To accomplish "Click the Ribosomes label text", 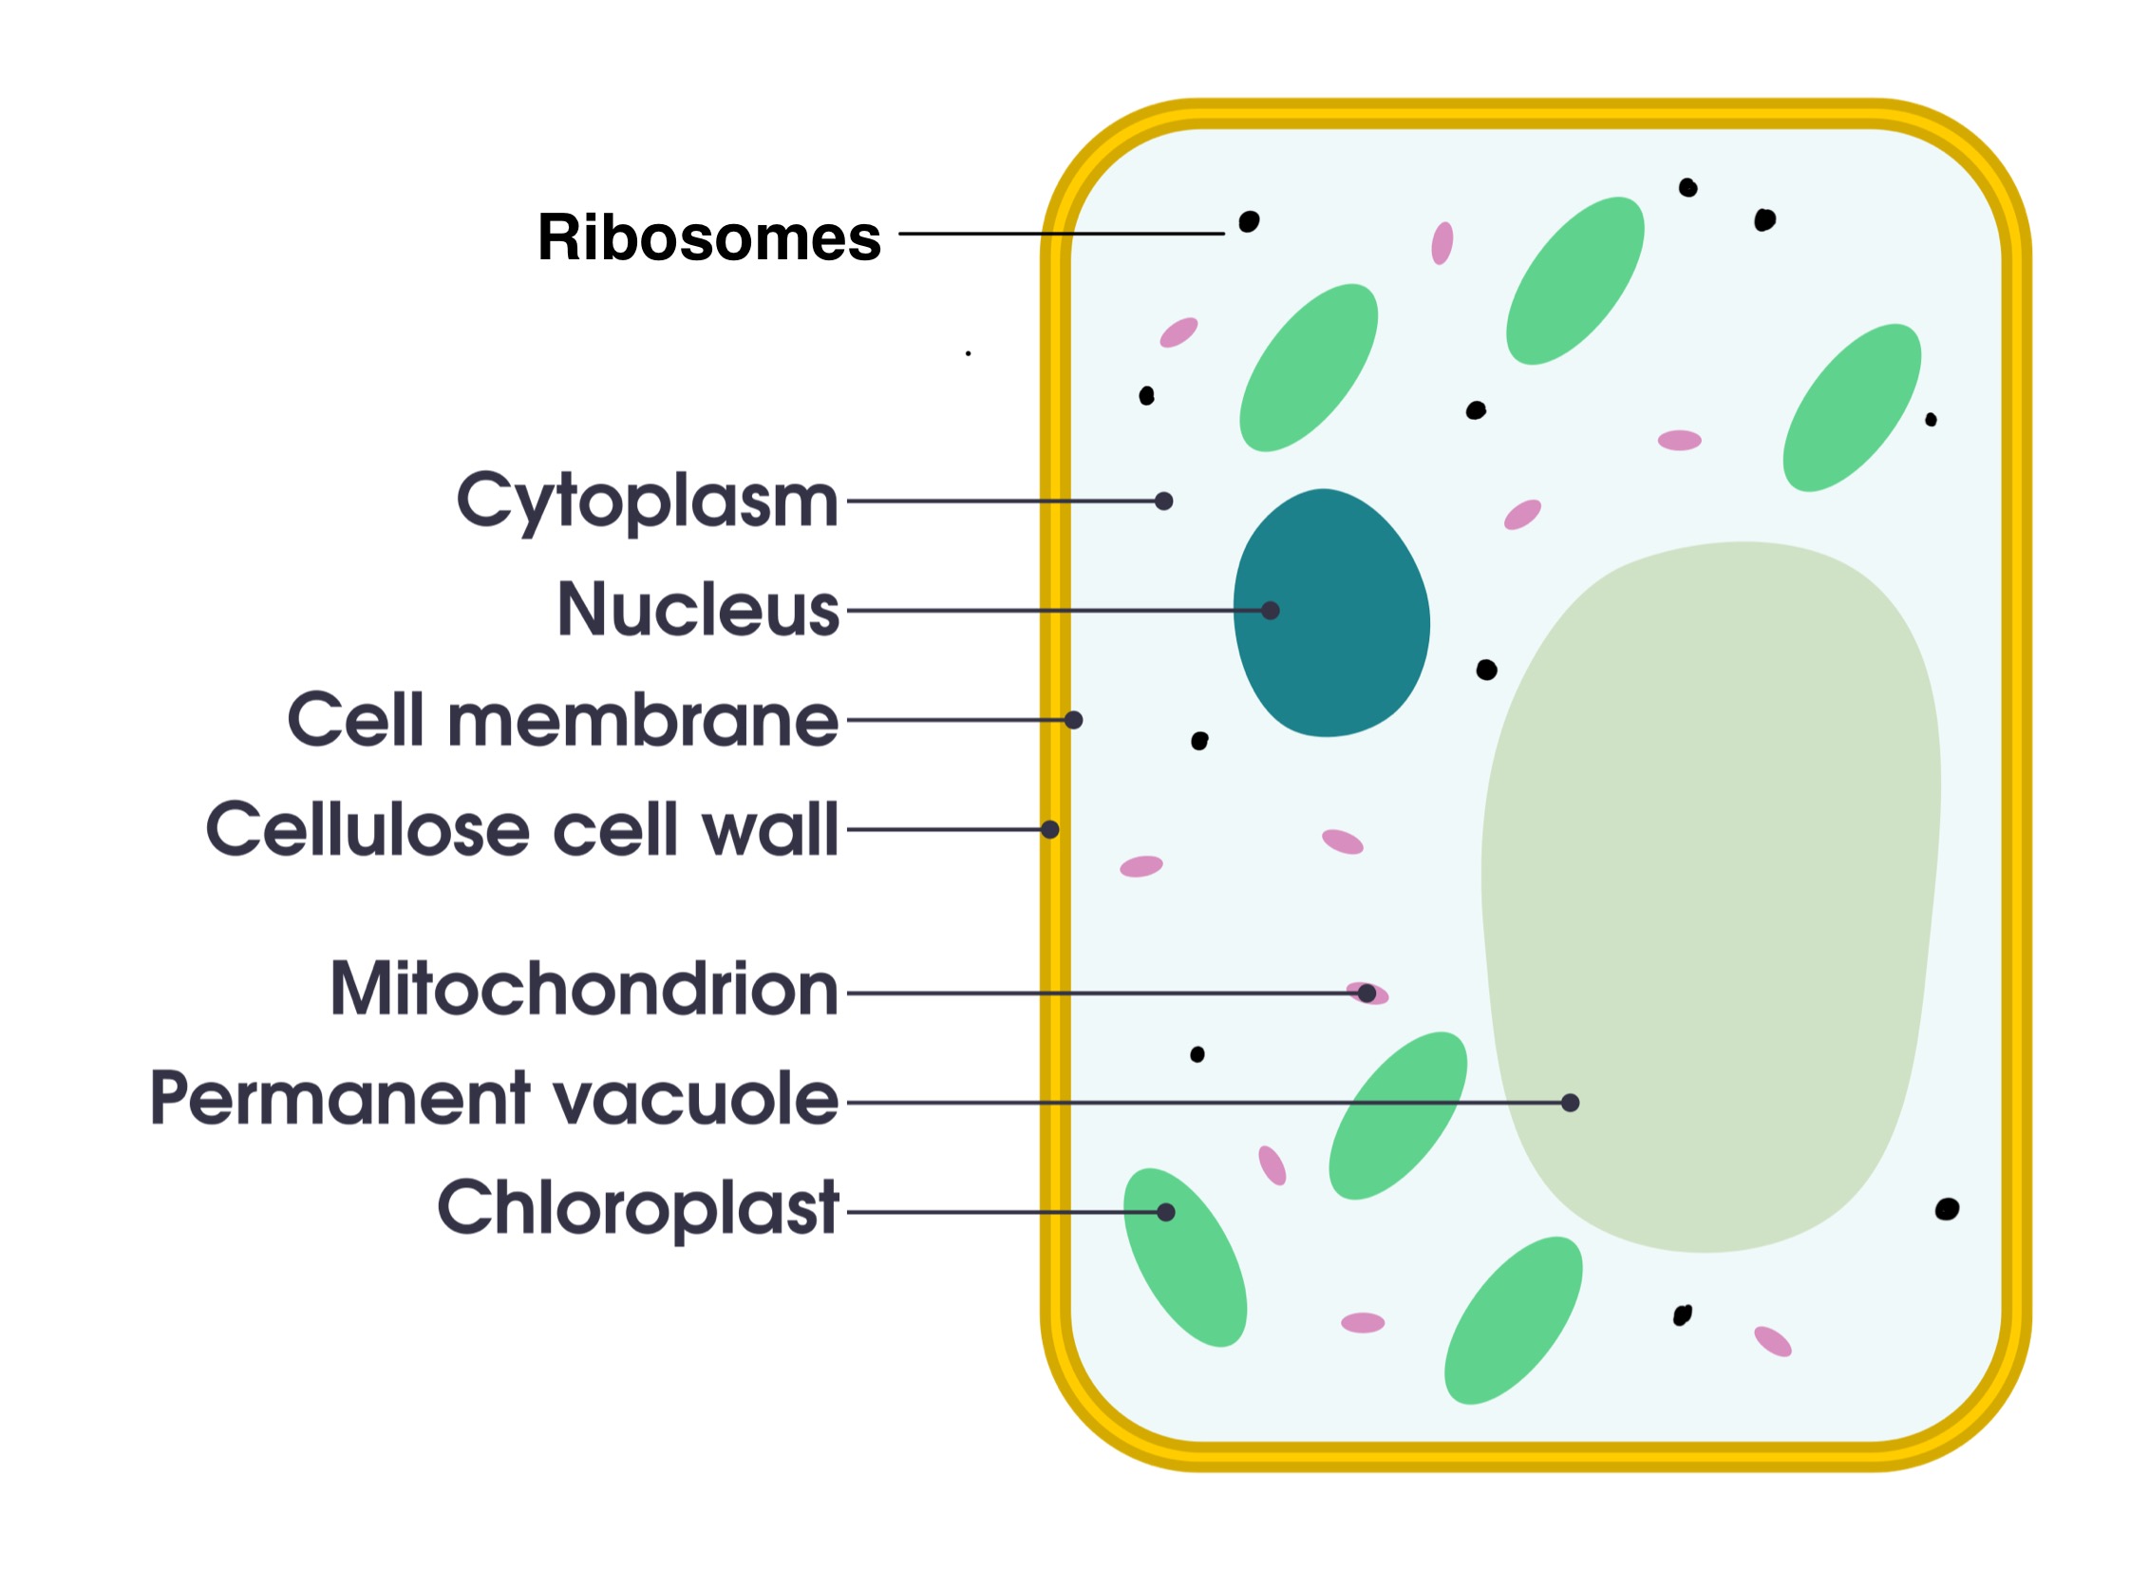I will [708, 236].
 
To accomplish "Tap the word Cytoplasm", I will [647, 500].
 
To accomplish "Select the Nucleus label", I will [698, 609].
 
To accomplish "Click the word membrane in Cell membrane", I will [643, 719].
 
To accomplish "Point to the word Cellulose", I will [367, 829].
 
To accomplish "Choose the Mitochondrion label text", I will [583, 990].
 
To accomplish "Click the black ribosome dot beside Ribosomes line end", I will [1249, 221].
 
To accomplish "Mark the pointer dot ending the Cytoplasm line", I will [1164, 501].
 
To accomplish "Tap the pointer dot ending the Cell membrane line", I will [1074, 719].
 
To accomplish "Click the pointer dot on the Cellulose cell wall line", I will [1049, 830].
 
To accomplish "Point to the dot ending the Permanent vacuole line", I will [1571, 1103].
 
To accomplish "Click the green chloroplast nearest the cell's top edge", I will [1574, 280].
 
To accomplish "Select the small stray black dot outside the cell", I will [968, 353].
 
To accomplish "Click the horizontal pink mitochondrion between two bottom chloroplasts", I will [1363, 1323].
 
